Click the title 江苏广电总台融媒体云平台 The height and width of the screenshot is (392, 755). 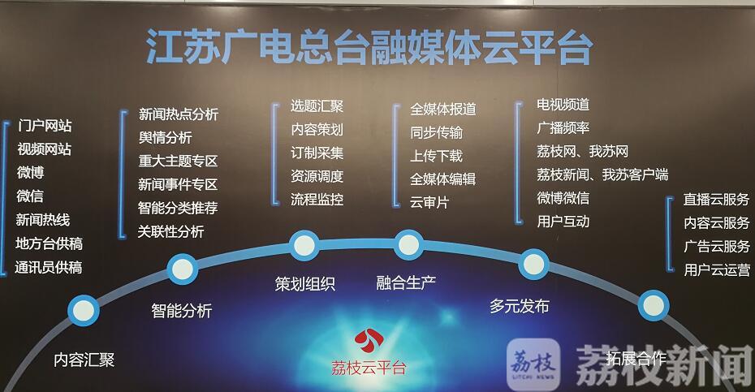click(369, 47)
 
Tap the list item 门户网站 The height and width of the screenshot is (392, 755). click(45, 126)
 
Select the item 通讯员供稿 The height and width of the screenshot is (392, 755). click(48, 267)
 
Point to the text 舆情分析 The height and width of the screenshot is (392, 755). click(165, 137)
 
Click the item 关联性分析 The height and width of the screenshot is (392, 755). click(171, 231)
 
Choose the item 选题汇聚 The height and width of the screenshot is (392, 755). click(317, 106)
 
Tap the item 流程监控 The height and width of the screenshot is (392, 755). click(317, 200)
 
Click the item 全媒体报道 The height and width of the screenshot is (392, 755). click(443, 109)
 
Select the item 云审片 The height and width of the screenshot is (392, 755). click(429, 202)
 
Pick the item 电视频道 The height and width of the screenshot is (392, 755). click(563, 105)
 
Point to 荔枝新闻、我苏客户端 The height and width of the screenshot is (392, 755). click(602, 174)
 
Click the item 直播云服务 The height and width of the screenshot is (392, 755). click(717, 200)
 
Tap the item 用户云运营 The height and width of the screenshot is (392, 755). click(717, 269)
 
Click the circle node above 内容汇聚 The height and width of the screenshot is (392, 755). click(84, 310)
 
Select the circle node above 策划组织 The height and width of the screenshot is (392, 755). click(304, 245)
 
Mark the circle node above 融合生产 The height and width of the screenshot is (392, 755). click(409, 244)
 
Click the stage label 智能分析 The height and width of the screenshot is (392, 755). click(182, 311)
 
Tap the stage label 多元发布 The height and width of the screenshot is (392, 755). click(520, 306)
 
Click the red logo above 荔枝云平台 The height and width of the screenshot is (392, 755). click(369, 341)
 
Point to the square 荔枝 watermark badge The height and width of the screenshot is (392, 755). click(533, 364)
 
